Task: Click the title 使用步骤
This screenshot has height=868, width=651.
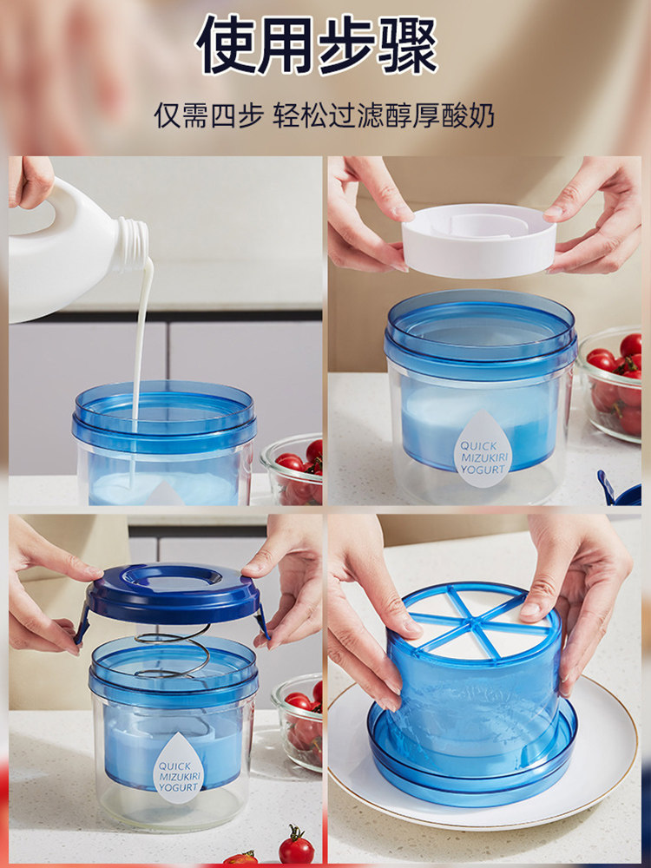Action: click(317, 45)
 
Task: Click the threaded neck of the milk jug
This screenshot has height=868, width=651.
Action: click(134, 243)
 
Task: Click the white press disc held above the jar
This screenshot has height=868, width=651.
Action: click(479, 240)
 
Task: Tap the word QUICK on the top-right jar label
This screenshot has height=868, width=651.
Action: click(479, 445)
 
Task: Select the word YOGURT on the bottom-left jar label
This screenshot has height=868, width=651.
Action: click(178, 787)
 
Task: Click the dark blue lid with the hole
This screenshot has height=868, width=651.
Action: click(173, 595)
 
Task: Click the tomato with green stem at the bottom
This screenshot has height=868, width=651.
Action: click(296, 846)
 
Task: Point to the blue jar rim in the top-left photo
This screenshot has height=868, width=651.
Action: click(164, 412)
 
